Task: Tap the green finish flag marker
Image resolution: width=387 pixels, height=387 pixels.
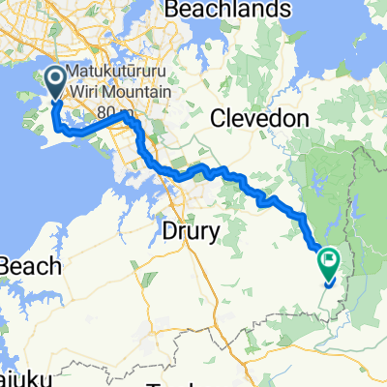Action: [x=329, y=260]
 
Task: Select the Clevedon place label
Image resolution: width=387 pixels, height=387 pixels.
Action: [x=259, y=117]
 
